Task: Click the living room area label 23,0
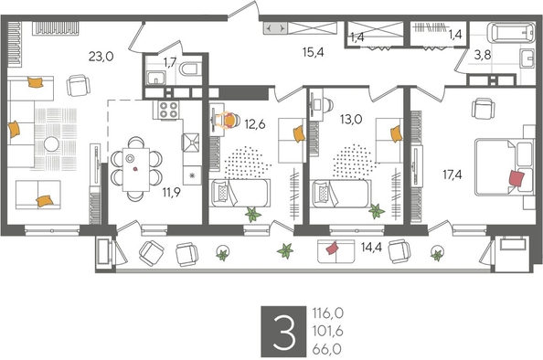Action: [x=101, y=56]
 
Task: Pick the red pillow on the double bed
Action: [x=517, y=178]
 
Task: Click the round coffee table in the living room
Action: [x=53, y=143]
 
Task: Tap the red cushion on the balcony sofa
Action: [x=333, y=248]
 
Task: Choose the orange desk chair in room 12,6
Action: [x=230, y=119]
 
